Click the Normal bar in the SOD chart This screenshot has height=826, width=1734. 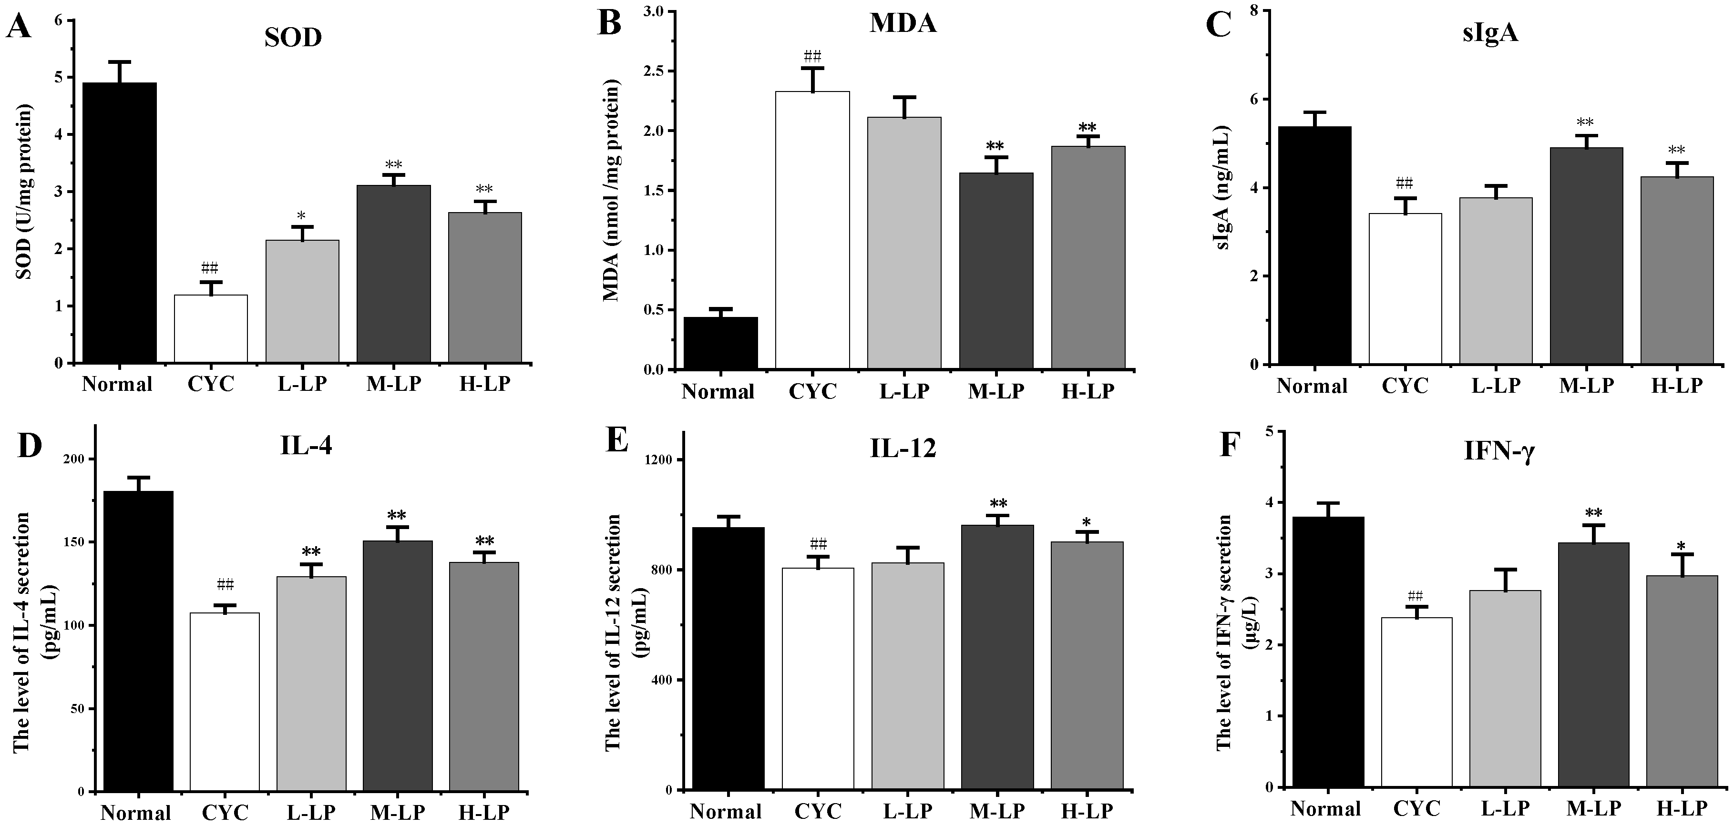point(119,222)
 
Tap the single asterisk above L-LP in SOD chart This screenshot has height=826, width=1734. point(302,215)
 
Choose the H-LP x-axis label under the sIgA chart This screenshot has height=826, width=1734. point(1677,385)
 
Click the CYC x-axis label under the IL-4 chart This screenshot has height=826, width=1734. point(225,813)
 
